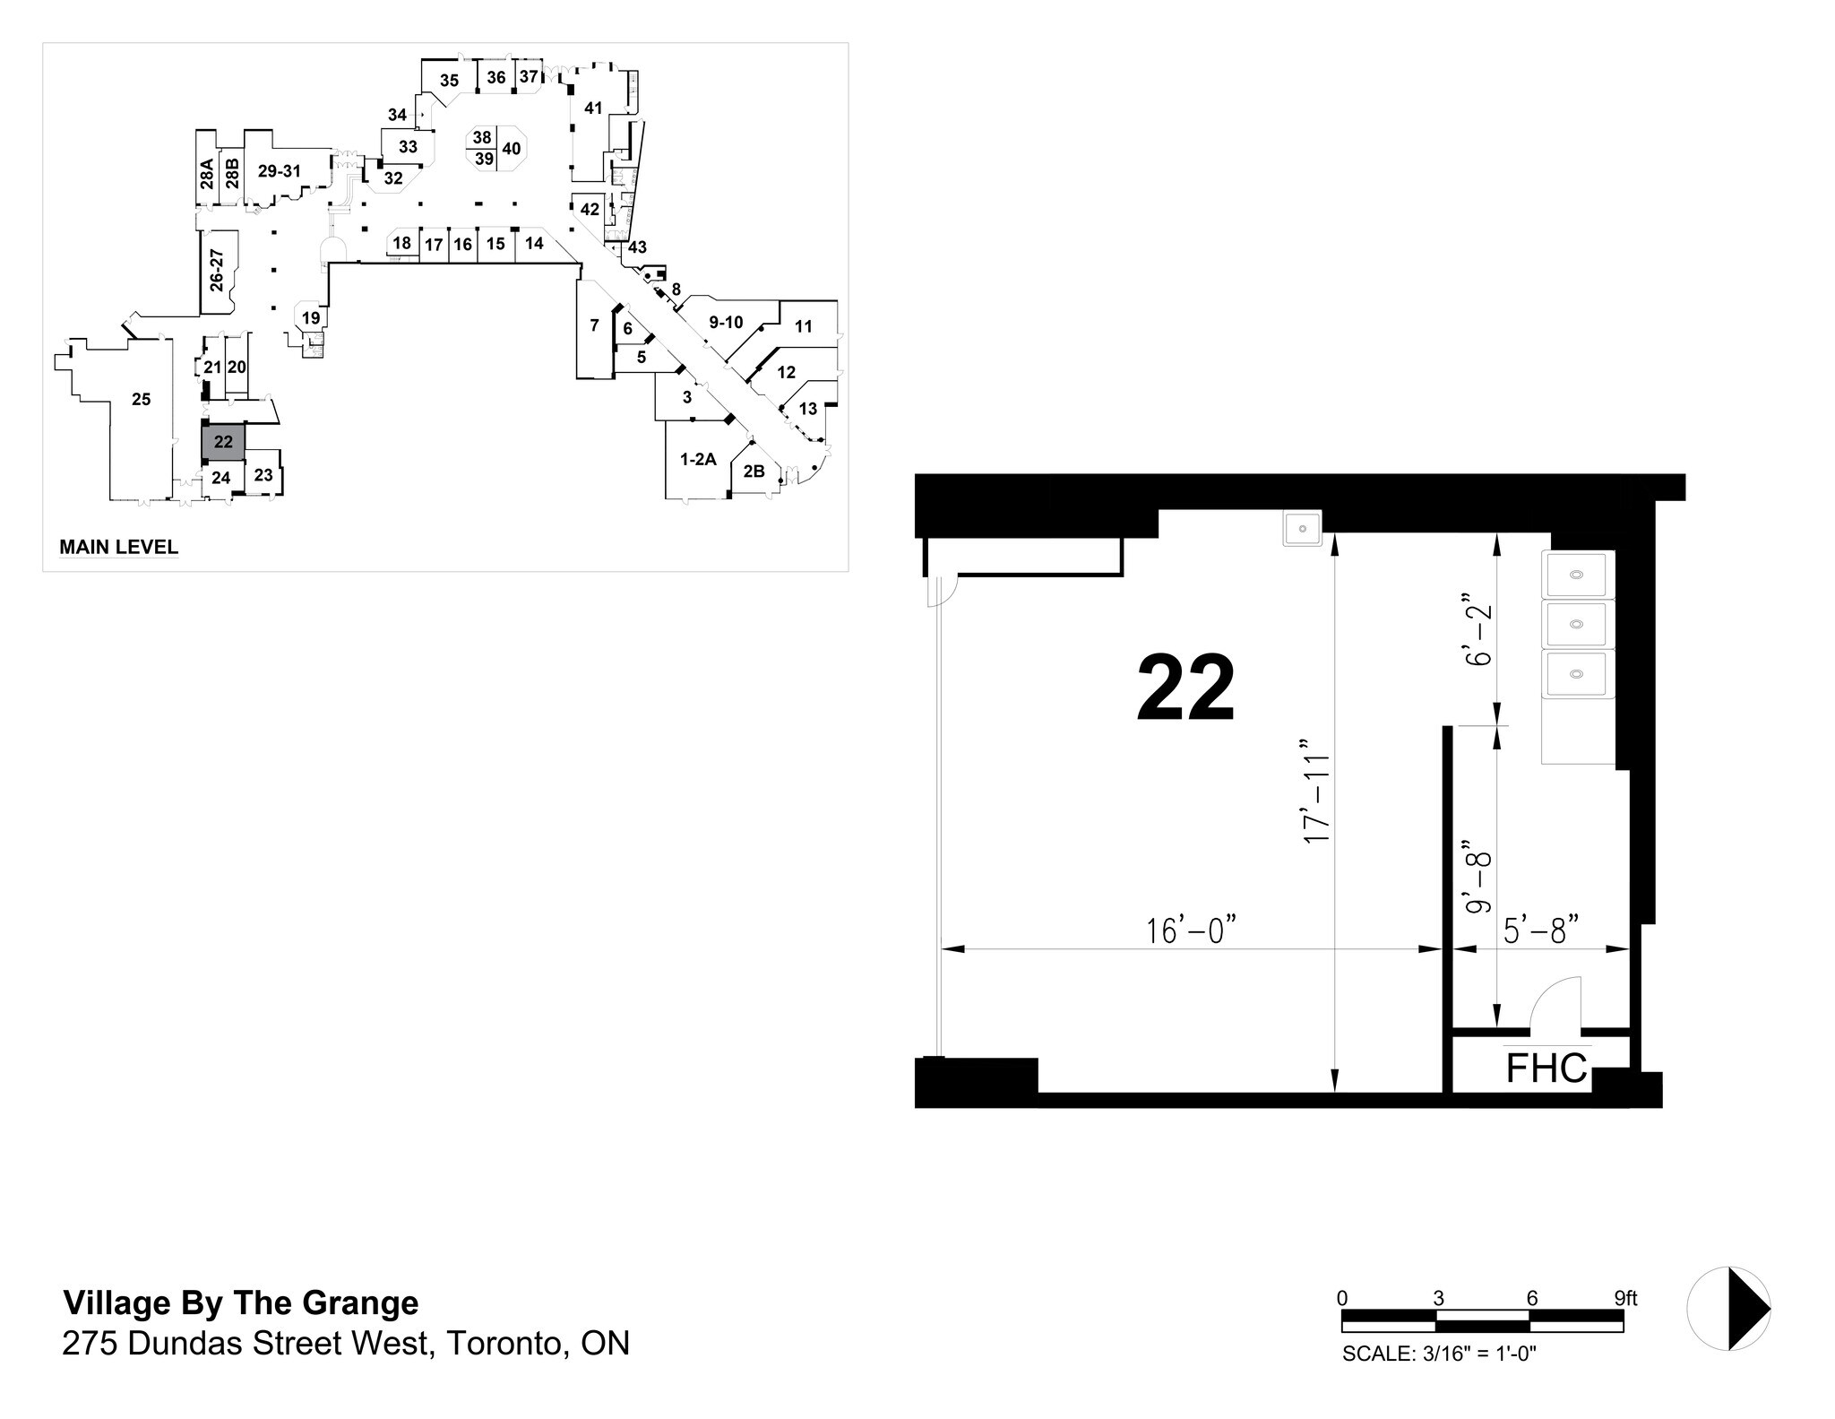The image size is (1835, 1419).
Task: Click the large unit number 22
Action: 1185,688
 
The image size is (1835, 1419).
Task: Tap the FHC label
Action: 1546,1068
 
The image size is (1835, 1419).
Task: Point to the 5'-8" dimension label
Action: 1539,931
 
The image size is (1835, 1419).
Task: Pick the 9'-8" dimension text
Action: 1476,877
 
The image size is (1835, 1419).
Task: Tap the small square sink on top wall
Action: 1302,528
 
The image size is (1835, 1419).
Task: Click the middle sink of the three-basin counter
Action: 1577,623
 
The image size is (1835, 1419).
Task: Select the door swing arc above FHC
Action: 1555,1003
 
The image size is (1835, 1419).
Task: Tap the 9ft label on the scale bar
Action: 1625,1298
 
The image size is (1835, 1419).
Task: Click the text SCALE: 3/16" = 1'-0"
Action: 1439,1354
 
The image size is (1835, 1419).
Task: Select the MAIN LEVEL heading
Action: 118,547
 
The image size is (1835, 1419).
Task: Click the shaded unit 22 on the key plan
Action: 223,442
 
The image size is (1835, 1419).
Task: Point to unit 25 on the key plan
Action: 141,399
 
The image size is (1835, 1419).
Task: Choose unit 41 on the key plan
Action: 592,108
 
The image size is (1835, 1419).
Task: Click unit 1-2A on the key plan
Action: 698,460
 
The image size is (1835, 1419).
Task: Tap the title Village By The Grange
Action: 240,1302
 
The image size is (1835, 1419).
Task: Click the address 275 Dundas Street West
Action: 345,1343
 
